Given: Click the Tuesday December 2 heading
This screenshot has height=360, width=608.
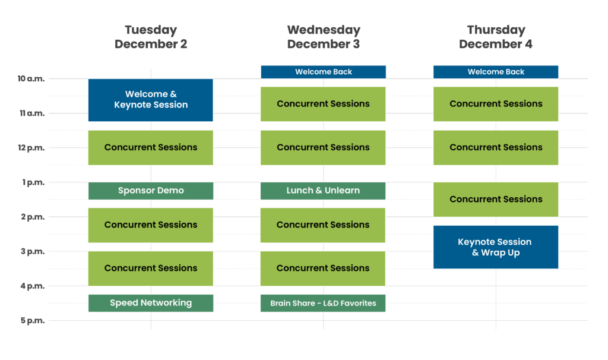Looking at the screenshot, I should coord(151,37).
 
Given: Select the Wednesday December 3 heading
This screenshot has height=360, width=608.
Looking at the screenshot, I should coord(324,37).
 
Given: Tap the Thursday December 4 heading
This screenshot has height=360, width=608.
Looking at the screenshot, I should coord(496,37).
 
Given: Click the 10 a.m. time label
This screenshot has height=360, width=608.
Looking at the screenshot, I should coord(30,78).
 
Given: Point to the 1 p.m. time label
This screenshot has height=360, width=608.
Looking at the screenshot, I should coord(33,182).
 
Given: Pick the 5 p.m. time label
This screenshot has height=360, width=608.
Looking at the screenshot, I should coord(33,321).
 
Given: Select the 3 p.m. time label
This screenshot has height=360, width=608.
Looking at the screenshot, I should coord(33,251).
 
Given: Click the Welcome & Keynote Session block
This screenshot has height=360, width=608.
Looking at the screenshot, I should coord(151,100).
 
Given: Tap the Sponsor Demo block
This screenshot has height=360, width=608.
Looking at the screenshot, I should coord(151,191).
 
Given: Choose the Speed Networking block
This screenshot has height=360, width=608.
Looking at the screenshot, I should coord(151,303).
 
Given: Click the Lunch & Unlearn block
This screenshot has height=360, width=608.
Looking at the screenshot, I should coord(323,191).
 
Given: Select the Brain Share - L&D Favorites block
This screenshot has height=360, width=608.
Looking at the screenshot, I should coord(323,303).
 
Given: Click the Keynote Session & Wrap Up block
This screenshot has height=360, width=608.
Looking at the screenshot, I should coord(496,247).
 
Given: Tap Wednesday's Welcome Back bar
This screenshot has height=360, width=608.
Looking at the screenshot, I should coord(324,72).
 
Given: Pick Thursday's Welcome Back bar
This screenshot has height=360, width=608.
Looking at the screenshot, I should coord(496,72).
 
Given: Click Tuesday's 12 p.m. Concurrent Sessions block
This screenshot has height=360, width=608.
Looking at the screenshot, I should coord(151,147).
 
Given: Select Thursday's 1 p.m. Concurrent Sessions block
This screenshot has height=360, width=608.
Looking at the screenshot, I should coord(496,199).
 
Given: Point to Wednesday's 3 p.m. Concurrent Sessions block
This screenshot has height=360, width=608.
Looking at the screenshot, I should coord(323,269).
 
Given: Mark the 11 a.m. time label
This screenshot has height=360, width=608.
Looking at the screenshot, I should coord(31,113).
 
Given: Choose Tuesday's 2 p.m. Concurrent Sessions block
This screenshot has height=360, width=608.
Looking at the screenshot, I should coord(151,225).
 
